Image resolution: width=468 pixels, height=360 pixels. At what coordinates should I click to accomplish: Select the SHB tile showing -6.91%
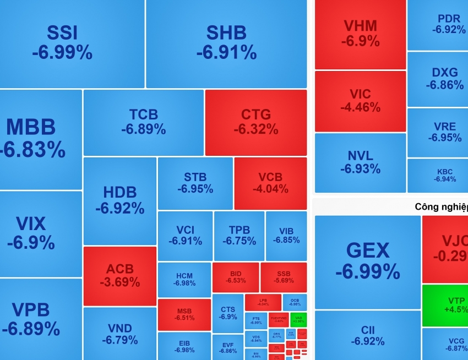point(226,43)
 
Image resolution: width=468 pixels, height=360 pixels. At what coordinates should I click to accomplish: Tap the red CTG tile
point(256,122)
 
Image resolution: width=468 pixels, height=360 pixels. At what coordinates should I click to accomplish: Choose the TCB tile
point(143,122)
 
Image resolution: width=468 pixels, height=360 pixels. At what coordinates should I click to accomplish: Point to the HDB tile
point(119,200)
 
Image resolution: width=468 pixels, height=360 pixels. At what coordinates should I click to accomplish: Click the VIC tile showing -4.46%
point(360,101)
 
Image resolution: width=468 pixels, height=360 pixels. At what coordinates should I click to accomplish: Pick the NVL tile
point(360,162)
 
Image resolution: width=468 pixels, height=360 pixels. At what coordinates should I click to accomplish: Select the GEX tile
point(367,261)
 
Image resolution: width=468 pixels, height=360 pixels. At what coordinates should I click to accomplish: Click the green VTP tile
point(445,305)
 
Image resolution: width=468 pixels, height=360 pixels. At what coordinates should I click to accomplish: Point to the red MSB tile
point(184,314)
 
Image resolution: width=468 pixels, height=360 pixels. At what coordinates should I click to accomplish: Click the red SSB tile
point(283,277)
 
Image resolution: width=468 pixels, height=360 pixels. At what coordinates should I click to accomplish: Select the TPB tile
point(239,236)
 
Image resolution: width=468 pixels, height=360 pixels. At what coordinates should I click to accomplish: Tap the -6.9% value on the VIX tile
point(31,243)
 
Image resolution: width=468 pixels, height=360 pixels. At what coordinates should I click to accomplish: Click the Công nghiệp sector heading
point(441,207)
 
